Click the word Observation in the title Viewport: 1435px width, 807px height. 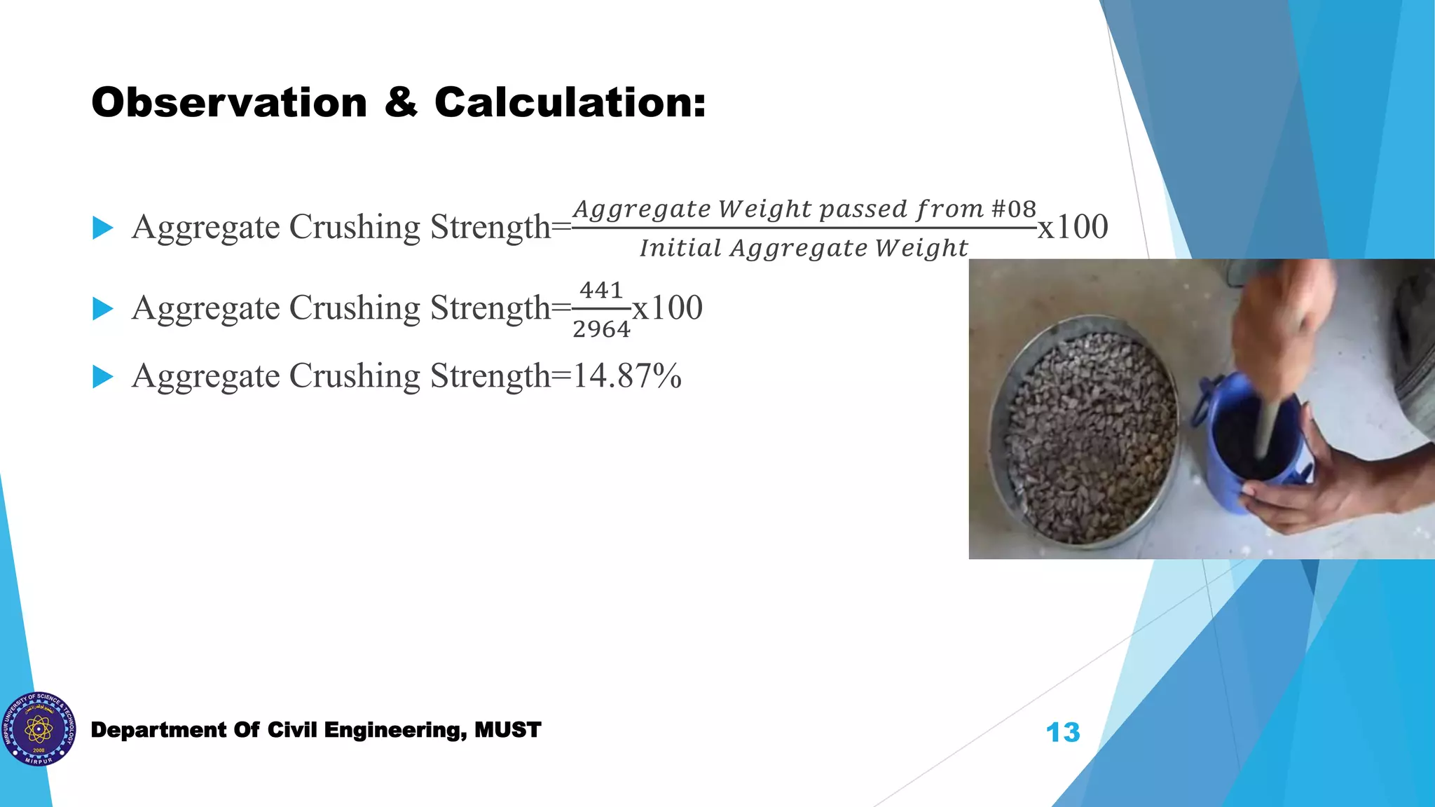click(x=229, y=103)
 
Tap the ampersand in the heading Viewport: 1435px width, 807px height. click(x=400, y=103)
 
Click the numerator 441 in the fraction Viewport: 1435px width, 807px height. click(x=601, y=290)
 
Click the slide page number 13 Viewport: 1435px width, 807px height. click(x=1063, y=733)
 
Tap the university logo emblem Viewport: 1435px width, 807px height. click(x=39, y=729)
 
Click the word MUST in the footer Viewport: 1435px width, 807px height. click(x=507, y=730)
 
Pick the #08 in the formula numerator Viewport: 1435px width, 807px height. click(x=1013, y=209)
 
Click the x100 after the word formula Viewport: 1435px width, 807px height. click(x=1073, y=227)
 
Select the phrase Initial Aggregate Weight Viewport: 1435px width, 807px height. click(x=804, y=248)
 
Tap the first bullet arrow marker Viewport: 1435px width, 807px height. click(x=103, y=228)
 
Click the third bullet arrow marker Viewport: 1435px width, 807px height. click(x=103, y=377)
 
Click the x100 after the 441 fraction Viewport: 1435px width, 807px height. click(x=667, y=308)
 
